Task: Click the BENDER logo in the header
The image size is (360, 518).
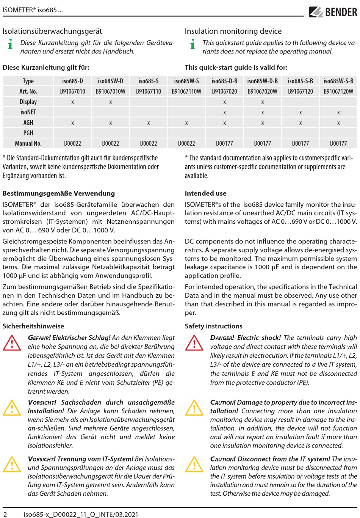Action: [x=333, y=12]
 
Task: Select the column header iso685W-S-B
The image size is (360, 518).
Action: [x=338, y=81]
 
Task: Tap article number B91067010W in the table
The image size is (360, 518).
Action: [x=110, y=91]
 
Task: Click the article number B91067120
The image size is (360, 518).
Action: [x=301, y=91]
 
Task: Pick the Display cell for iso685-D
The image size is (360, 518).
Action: [x=73, y=102]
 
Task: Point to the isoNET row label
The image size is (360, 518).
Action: [x=28, y=112]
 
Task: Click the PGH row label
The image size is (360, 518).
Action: [x=28, y=133]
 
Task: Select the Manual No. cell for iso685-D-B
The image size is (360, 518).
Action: [x=224, y=143]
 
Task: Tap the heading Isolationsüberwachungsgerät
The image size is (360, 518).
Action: [x=52, y=31]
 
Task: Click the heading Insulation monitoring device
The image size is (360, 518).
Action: [x=233, y=31]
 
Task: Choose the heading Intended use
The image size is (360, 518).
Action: [x=205, y=193]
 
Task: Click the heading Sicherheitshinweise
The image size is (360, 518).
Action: [x=33, y=326]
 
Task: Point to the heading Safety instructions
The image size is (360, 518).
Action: [x=213, y=326]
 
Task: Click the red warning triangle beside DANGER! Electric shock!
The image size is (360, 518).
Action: [x=194, y=343]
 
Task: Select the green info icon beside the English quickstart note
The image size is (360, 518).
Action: [x=193, y=44]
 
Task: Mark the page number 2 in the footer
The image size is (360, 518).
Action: [x=5, y=514]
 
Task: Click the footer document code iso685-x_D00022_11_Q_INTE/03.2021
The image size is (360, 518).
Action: [x=81, y=514]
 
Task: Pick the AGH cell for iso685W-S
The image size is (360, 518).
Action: [x=186, y=123]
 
